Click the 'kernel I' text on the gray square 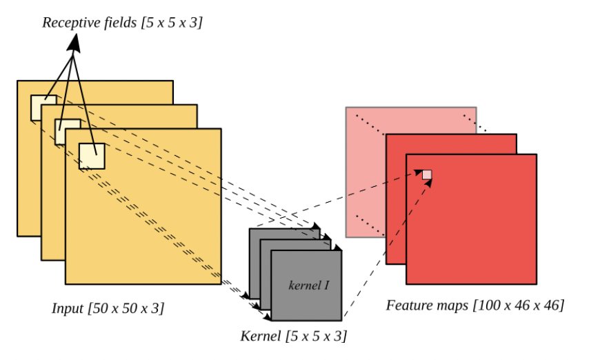click(x=308, y=284)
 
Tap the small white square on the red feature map click(x=427, y=174)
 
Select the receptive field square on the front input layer click(x=91, y=155)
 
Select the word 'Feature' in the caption click(x=409, y=304)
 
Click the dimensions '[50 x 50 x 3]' click(x=126, y=308)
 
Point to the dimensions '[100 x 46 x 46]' click(x=519, y=304)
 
